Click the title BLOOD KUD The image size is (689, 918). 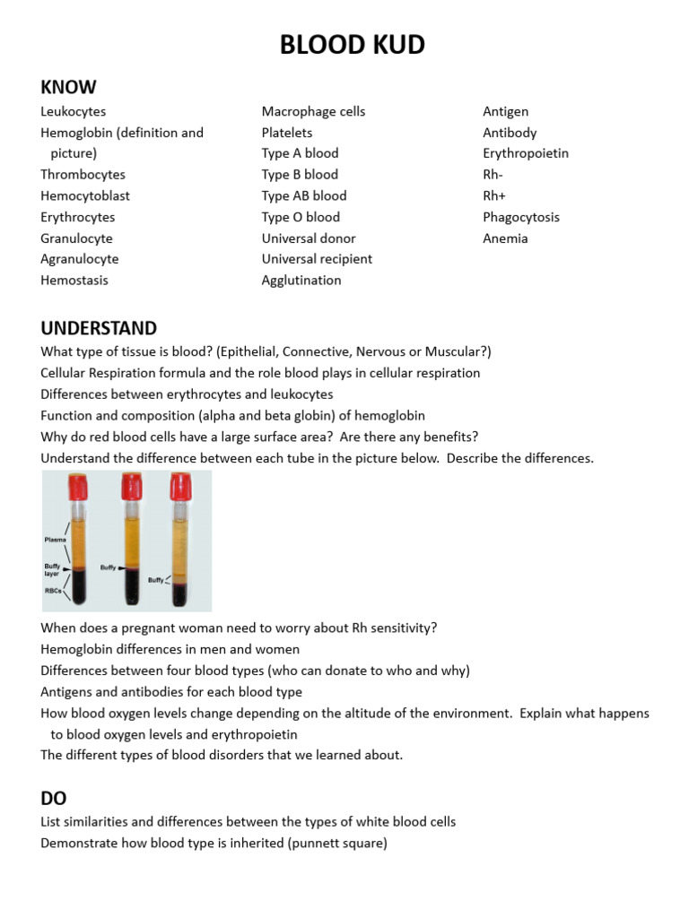click(x=352, y=45)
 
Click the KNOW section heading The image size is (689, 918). click(x=68, y=87)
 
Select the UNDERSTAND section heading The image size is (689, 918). click(x=99, y=328)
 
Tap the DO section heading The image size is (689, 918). click(x=54, y=798)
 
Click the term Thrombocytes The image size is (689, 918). click(x=83, y=175)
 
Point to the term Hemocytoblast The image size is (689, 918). click(x=85, y=195)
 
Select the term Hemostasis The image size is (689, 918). click(x=74, y=281)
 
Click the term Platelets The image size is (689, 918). click(x=287, y=133)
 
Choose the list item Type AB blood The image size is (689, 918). click(x=304, y=195)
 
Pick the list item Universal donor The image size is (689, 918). click(x=309, y=238)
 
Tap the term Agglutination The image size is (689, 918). click(x=301, y=281)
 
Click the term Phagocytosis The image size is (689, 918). click(x=521, y=217)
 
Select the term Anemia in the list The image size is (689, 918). click(x=505, y=238)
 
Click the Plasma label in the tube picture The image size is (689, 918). click(x=56, y=540)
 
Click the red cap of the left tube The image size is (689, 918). click(x=76, y=487)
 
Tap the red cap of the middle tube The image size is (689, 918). click(x=133, y=485)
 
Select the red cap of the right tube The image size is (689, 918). click(x=181, y=485)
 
